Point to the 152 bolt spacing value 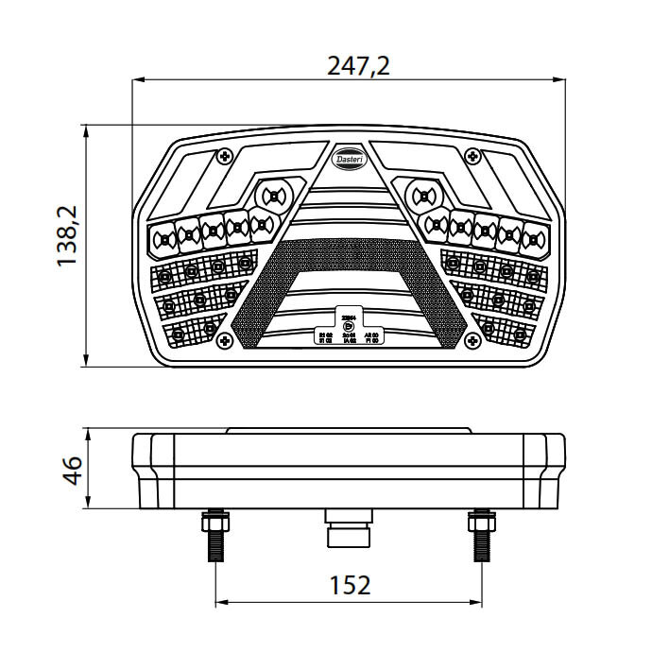[x=350, y=585]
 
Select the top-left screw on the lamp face [x=224, y=156]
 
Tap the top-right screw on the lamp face [x=473, y=156]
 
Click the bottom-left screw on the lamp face [x=224, y=339]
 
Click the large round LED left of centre [x=273, y=196]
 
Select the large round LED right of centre [x=421, y=197]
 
